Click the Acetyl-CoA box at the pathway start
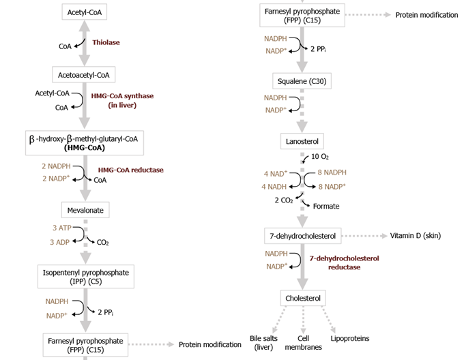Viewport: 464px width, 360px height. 84,12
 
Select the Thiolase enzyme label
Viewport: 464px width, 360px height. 106,42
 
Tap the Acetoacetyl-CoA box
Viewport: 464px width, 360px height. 84,74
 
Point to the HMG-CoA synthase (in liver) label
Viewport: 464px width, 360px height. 122,100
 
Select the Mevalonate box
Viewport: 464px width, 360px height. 84,210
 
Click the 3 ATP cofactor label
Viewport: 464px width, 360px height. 62,228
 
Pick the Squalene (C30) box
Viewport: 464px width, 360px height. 302,82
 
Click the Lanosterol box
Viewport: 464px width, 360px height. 302,141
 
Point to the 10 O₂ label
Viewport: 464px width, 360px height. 320,157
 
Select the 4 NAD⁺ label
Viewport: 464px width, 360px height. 275,173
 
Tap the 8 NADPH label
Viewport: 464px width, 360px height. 332,172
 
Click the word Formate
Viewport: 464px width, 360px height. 326,206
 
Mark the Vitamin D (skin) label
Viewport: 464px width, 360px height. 415,236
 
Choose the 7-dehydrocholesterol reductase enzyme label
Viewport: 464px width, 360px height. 344,263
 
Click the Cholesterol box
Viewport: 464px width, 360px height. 303,299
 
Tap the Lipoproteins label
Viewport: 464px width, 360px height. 349,337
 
